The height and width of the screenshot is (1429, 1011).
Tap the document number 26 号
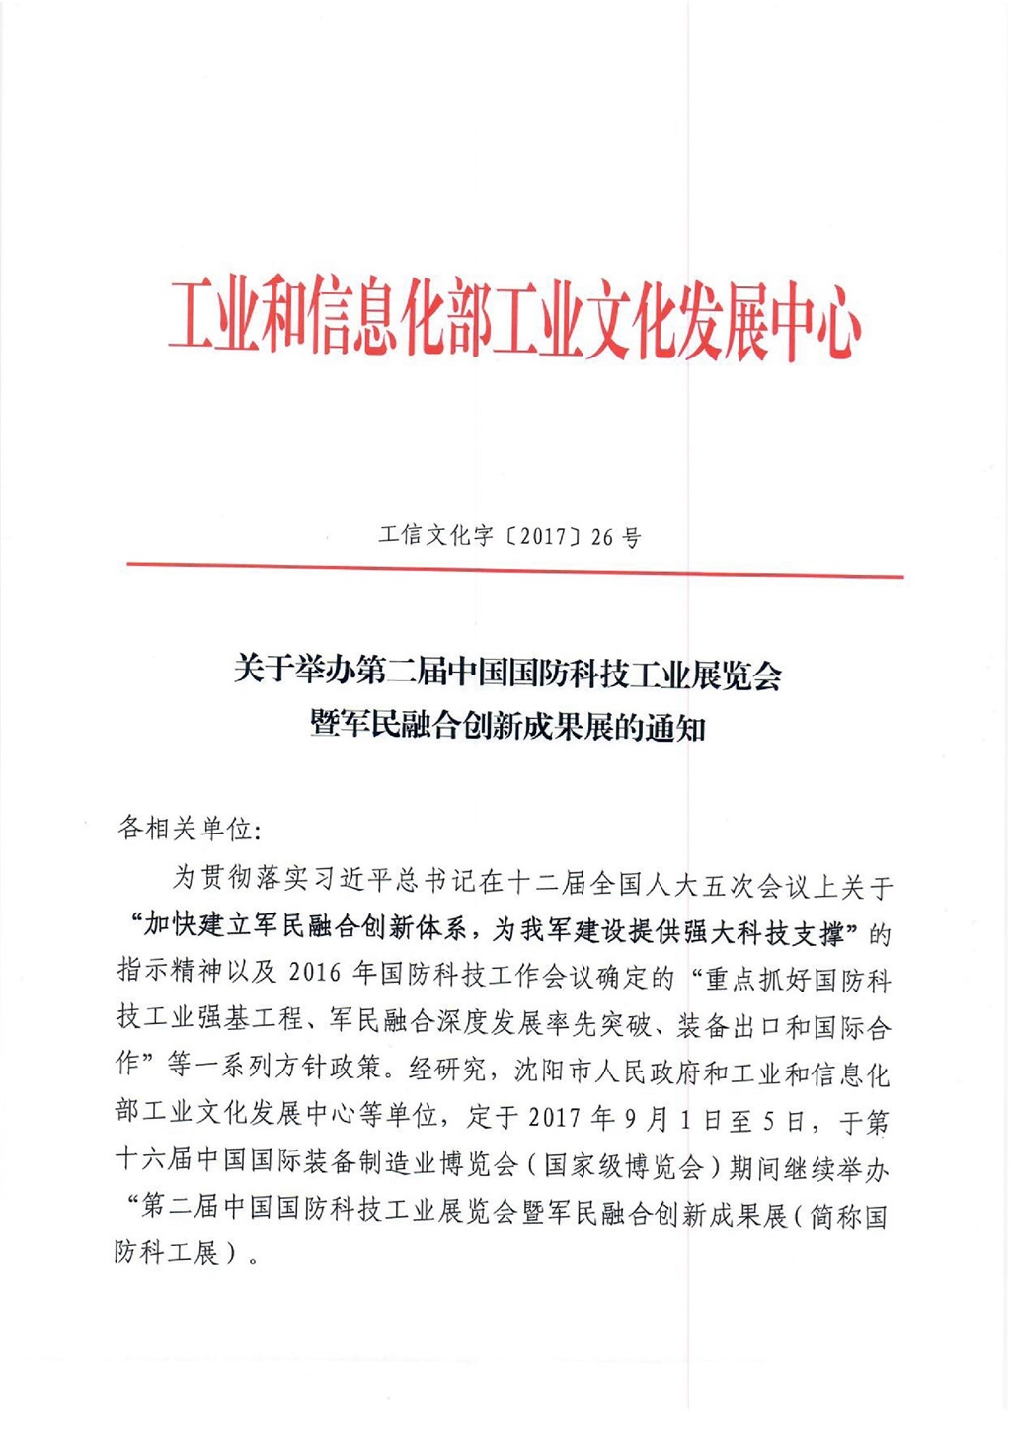pyautogui.click(x=616, y=537)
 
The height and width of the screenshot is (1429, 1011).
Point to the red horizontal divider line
pyautogui.click(x=514, y=570)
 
